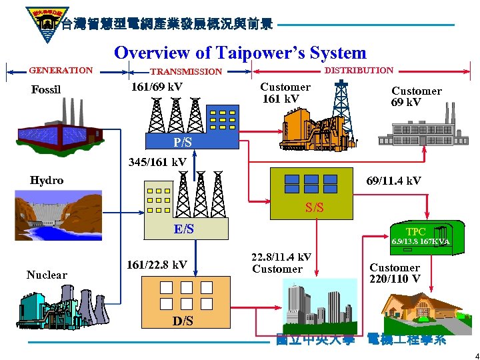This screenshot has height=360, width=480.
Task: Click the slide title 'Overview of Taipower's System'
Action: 240,53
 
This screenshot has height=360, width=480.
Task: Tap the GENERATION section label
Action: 61,70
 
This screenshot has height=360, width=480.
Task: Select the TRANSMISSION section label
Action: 186,71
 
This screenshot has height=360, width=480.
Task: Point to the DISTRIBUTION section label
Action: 359,70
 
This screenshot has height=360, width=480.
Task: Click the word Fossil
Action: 46,90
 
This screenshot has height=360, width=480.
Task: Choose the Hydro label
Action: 47,180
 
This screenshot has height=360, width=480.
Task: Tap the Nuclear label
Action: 47,275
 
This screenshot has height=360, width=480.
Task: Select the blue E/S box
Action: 183,229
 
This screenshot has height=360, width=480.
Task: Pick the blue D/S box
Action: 183,321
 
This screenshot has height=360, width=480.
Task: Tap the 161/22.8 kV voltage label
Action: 157,265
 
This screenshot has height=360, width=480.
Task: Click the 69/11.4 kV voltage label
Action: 394,181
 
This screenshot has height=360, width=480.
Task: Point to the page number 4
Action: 468,354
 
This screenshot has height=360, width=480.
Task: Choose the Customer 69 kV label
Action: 416,96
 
